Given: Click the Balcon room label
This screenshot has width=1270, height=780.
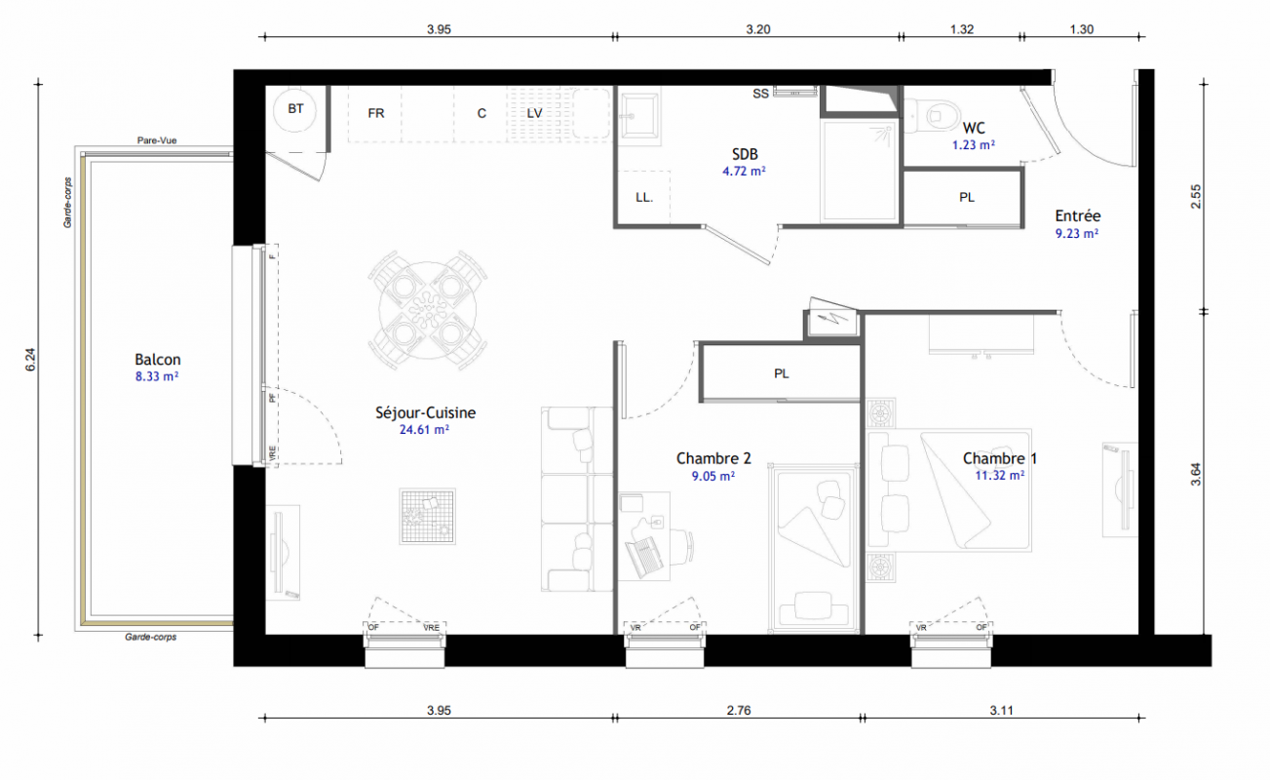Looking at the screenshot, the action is [158, 360].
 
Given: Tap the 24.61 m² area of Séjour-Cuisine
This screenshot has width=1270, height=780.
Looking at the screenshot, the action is [424, 430].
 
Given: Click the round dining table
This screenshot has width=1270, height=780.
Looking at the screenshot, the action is [428, 310].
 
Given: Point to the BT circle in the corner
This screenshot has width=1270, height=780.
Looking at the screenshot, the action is [294, 109].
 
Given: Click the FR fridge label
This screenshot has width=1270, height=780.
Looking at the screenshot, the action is [376, 113].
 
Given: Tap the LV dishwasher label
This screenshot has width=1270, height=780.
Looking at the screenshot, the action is [534, 113].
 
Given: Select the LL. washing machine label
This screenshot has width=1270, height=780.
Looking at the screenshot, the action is [644, 197].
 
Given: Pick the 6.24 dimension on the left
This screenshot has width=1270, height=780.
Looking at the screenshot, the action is [30, 360].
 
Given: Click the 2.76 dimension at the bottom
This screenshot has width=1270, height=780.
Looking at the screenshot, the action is [739, 710].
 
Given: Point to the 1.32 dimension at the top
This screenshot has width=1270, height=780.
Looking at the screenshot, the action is [962, 29].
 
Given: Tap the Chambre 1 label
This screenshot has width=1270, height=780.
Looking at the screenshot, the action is [1000, 458].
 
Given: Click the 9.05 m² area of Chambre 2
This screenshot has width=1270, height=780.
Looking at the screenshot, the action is [712, 477].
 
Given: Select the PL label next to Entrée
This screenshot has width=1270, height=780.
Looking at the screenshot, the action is [967, 197].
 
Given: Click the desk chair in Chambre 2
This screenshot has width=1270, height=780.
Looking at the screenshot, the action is [682, 547].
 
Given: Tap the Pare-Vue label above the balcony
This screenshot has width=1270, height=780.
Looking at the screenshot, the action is [157, 140].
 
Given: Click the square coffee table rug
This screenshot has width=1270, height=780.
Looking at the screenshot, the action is [427, 516].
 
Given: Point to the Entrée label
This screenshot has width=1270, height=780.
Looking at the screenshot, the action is [1077, 215].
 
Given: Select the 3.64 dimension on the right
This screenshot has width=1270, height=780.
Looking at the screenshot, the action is [1196, 474].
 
